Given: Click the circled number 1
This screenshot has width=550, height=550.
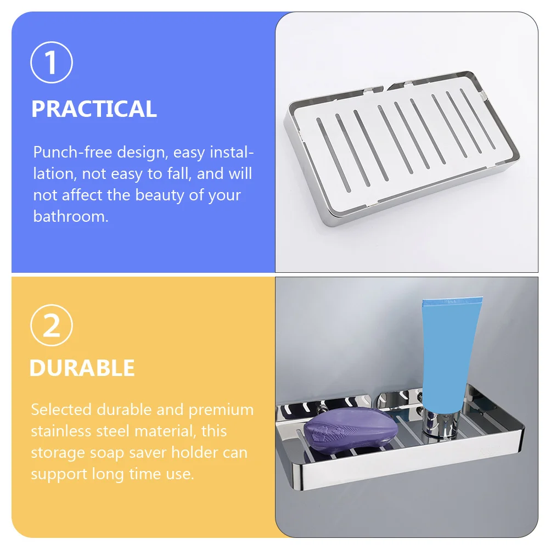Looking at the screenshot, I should [52, 63].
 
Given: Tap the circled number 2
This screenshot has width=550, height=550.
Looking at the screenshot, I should [52, 327].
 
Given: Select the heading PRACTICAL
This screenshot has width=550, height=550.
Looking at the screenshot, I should [94, 109].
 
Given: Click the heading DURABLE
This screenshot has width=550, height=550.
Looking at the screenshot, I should [82, 368].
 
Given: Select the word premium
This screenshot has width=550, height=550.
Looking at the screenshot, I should [221, 410].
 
